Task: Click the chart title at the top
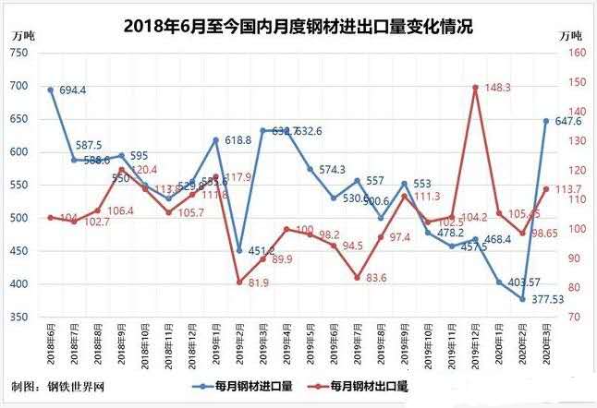pos(298,27)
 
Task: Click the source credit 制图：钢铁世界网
pos(53,385)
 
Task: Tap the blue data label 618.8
pos(238,140)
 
